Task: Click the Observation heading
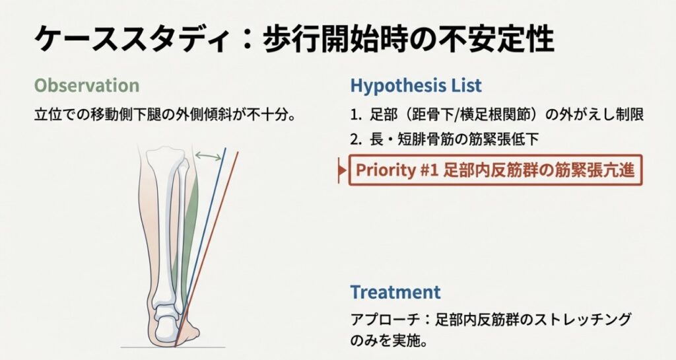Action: pyautogui.click(x=86, y=85)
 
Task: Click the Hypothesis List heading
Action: pyautogui.click(x=416, y=85)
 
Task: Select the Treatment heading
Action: pyautogui.click(x=395, y=292)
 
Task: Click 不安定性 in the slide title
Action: pyautogui.click(x=496, y=39)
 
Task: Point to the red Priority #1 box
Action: pyautogui.click(x=495, y=170)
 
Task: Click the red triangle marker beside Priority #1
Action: pyautogui.click(x=343, y=170)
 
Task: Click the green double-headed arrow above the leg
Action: pyautogui.click(x=208, y=156)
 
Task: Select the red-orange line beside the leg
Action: pyautogui.click(x=207, y=249)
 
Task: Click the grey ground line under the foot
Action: pyautogui.click(x=173, y=347)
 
